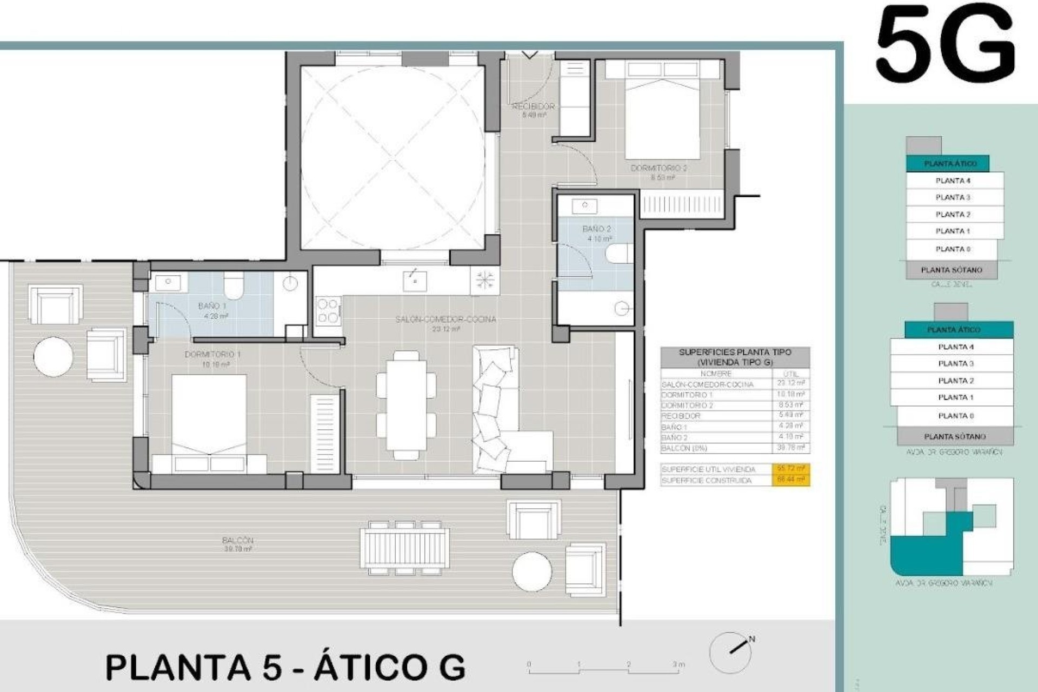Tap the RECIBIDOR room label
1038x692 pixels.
click(534, 107)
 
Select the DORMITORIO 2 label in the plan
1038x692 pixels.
click(658, 168)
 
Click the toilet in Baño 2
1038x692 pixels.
click(619, 253)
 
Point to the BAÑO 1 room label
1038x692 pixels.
click(212, 306)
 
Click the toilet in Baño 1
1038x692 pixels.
click(234, 285)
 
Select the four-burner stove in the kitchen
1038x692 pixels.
click(328, 311)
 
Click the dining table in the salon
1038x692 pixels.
click(406, 405)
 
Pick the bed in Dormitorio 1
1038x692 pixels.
click(209, 422)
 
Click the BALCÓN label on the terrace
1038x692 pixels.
click(237, 540)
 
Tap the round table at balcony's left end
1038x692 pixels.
click(53, 356)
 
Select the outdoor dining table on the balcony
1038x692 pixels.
click(405, 548)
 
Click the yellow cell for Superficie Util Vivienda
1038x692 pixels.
click(791, 469)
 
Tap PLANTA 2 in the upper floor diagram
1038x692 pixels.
click(953, 214)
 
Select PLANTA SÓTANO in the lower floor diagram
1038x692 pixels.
click(955, 436)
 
